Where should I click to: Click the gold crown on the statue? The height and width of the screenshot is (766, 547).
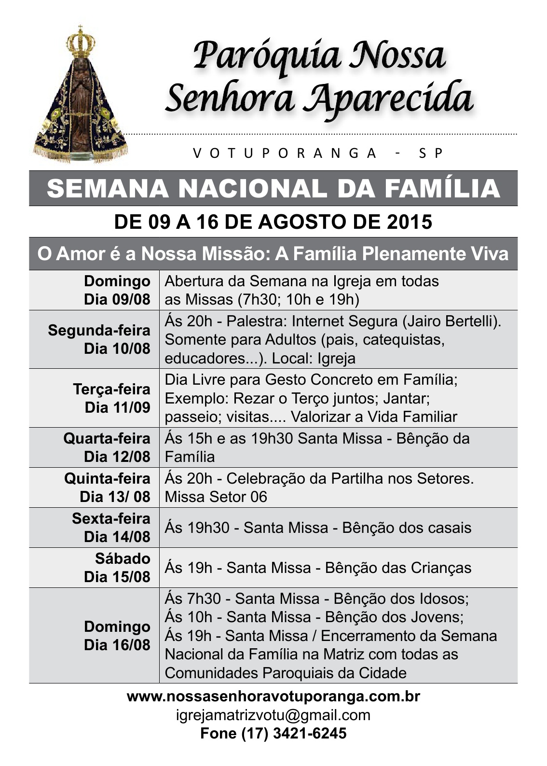click(80, 41)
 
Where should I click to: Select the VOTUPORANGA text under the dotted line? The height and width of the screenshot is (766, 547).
click(285, 153)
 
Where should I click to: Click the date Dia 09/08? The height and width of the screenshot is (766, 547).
click(117, 299)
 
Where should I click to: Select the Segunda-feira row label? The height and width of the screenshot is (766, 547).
click(99, 331)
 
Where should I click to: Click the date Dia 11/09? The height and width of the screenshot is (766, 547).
click(117, 407)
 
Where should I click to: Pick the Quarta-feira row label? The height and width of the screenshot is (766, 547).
click(107, 438)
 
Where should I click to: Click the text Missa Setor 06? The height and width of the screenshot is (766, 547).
click(216, 497)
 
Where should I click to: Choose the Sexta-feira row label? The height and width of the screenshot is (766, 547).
click(111, 518)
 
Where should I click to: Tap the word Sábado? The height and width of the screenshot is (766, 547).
click(123, 558)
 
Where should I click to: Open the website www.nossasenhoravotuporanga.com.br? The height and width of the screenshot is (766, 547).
click(273, 696)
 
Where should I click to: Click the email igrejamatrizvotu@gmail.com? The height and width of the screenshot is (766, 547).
click(273, 715)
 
